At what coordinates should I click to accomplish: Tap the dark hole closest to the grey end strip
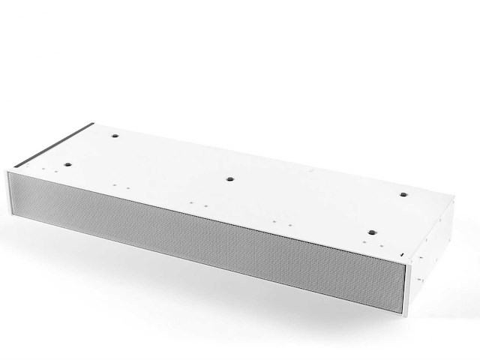point(116,136)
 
